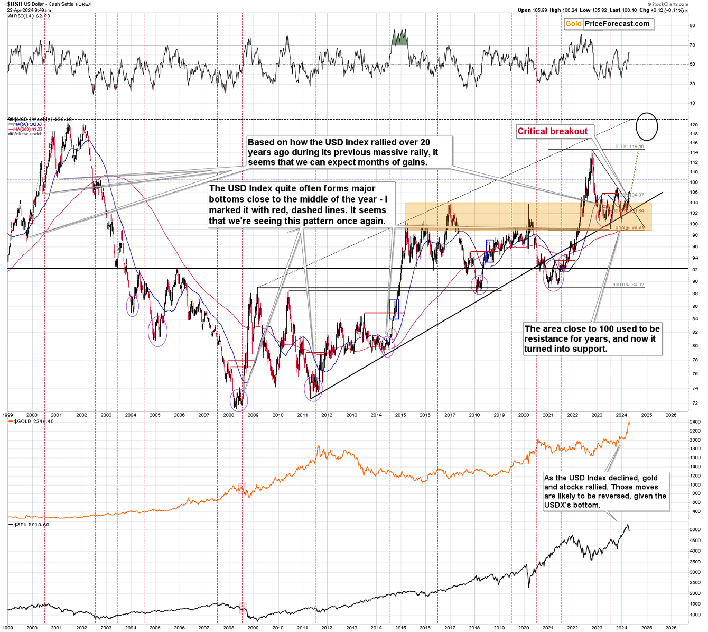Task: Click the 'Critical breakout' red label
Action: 552,132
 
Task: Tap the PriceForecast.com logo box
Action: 608,24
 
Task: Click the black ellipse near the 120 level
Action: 647,126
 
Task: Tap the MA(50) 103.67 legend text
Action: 27,124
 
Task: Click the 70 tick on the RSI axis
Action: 692,45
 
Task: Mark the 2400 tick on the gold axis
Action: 695,422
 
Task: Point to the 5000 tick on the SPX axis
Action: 695,529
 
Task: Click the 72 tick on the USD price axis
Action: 694,403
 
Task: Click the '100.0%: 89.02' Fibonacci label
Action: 628,285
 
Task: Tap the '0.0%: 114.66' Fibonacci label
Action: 630,146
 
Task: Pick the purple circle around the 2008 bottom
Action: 240,400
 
